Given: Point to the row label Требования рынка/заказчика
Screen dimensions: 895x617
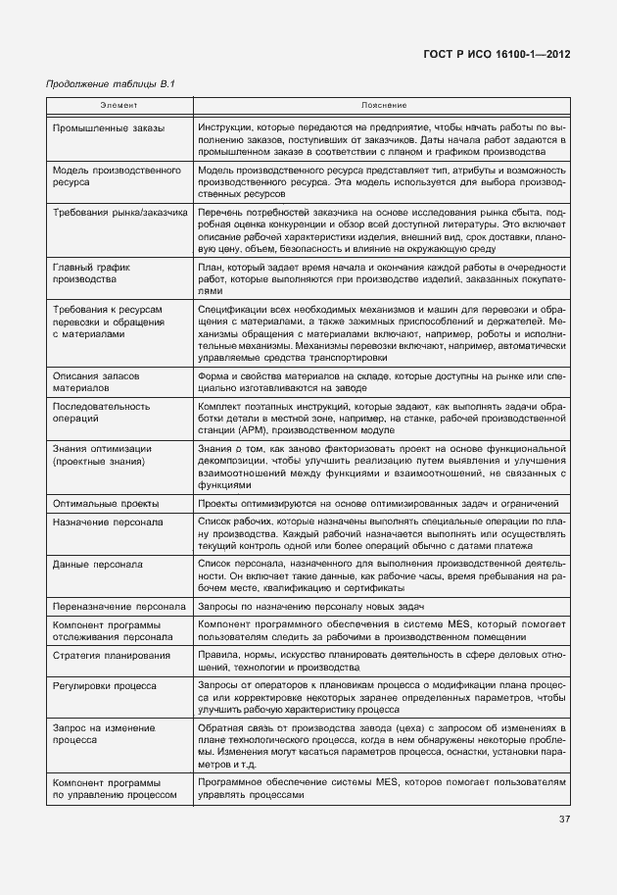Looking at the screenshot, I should pyautogui.click(x=119, y=212).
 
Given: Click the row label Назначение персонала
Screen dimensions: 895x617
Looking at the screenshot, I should pyautogui.click(x=108, y=522).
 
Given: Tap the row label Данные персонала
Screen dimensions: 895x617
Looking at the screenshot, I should pyautogui.click(x=97, y=565).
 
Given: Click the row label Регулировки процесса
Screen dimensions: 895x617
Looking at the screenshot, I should pyautogui.click(x=104, y=685).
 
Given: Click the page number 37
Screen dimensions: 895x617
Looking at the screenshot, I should pyautogui.click(x=564, y=820).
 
